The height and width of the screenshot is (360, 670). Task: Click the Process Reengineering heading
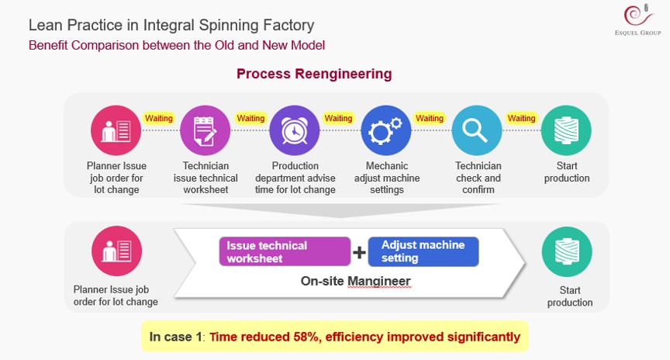314,74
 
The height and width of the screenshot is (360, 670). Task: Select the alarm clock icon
295,131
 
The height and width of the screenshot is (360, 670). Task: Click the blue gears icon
385,131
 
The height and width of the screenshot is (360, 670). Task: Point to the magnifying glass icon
476,131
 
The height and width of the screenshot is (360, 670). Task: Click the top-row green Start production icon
567,131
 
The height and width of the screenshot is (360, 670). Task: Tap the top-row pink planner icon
116,131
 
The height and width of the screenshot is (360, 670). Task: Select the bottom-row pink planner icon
116,252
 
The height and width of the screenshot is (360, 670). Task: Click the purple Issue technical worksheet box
285,251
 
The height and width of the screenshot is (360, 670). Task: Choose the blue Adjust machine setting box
423,251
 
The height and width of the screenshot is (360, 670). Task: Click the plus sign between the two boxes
360,252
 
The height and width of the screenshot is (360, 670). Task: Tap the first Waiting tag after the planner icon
160,118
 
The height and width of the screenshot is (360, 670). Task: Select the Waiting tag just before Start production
521,118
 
